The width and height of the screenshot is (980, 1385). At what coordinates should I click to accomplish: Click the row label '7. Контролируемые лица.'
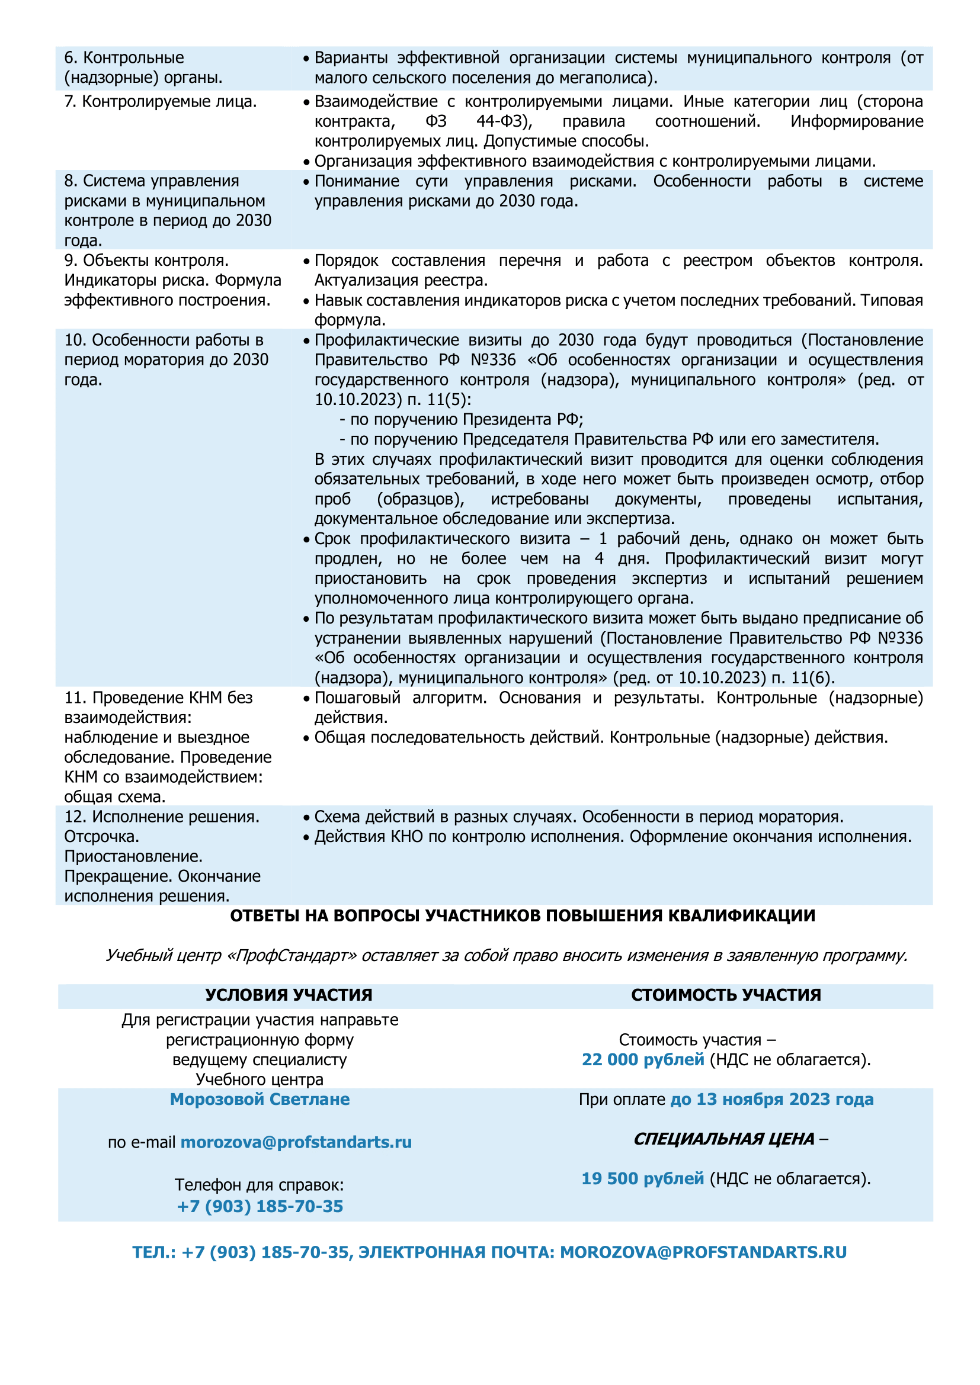click(161, 101)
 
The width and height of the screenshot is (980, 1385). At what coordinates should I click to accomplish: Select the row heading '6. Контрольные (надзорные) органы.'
click(143, 68)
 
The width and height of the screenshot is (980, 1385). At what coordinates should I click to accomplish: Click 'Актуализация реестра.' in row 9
click(401, 281)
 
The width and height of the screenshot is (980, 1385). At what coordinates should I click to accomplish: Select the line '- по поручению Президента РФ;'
click(461, 419)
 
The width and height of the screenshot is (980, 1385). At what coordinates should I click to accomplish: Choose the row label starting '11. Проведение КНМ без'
click(168, 747)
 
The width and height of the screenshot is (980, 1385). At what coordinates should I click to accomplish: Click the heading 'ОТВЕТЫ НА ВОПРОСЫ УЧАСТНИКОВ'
click(523, 915)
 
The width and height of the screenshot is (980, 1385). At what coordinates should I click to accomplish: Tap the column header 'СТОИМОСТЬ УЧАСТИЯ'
click(726, 995)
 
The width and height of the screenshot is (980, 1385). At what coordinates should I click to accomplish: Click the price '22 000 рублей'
click(643, 1059)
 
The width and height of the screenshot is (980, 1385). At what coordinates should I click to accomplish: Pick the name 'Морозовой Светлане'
click(260, 1099)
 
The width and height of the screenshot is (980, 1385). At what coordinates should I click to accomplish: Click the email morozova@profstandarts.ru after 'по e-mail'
click(296, 1142)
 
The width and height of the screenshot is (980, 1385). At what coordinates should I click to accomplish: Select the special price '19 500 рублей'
click(643, 1178)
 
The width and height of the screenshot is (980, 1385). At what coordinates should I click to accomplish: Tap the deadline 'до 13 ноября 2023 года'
click(772, 1099)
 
